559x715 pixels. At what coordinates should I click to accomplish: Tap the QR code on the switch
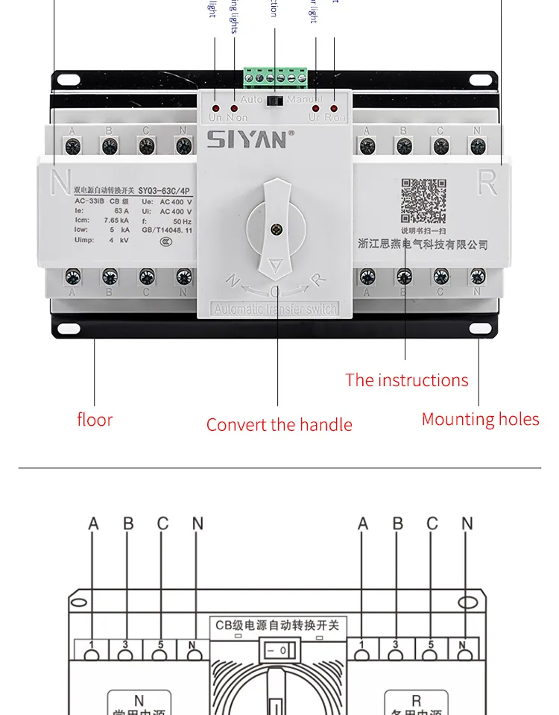(423, 201)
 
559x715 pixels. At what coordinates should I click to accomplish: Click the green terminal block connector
(275, 76)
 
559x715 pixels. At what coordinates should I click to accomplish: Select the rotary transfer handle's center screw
(277, 230)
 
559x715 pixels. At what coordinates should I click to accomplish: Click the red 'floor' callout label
(95, 420)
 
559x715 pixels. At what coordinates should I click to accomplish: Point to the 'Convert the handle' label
(279, 425)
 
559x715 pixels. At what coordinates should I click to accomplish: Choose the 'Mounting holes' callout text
(480, 419)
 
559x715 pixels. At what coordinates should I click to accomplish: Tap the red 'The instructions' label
(406, 380)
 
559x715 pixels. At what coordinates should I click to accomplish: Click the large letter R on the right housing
(487, 182)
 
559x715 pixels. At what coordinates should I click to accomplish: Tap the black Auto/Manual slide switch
(275, 99)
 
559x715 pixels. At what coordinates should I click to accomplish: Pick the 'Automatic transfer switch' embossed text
(275, 309)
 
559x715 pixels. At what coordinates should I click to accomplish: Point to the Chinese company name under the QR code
(423, 245)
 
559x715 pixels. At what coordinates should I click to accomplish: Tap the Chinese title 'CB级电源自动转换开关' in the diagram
(277, 626)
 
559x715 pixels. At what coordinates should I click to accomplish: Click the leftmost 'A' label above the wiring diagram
(93, 524)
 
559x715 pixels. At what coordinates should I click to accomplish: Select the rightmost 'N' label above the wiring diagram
(467, 524)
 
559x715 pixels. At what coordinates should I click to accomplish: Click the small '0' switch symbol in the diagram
(277, 652)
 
